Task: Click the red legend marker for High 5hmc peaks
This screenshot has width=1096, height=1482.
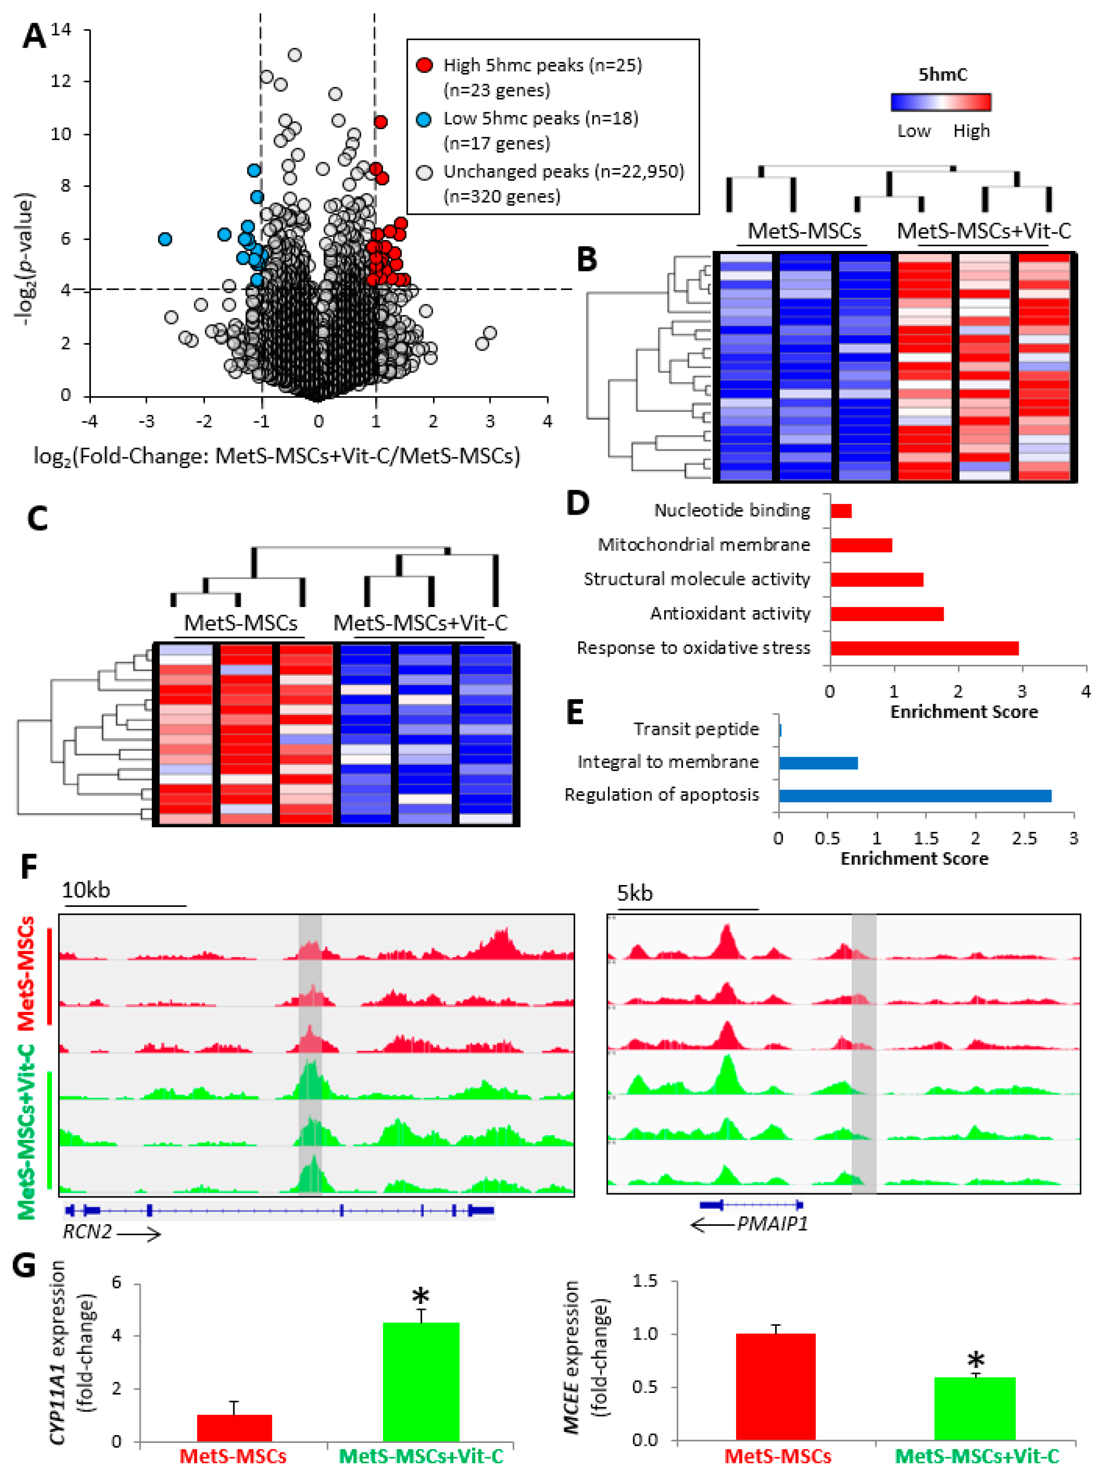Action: [x=424, y=65]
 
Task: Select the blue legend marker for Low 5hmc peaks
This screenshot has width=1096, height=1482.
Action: [x=424, y=119]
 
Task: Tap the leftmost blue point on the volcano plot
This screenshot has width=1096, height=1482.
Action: [x=165, y=239]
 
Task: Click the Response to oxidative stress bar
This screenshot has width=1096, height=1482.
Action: [x=924, y=648]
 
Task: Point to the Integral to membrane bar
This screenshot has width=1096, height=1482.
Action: [x=818, y=763]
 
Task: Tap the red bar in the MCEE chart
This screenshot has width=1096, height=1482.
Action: [x=776, y=1386]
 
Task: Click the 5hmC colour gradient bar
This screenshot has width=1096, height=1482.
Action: [x=941, y=102]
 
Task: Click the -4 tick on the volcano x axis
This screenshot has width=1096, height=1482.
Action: [x=90, y=421]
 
